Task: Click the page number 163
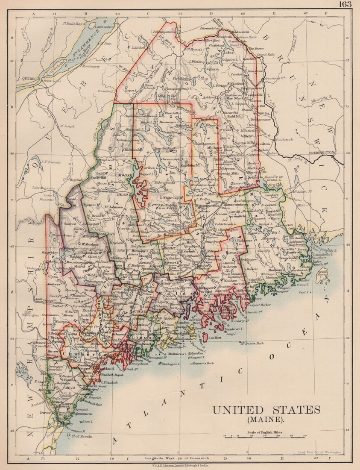coord(345,4)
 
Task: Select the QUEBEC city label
coord(25,79)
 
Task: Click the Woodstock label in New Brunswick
coord(294,139)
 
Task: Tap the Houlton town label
coord(262,144)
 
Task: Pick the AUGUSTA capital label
coord(139,312)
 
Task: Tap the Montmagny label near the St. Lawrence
coord(91,66)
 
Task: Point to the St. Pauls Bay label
coord(73,24)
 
